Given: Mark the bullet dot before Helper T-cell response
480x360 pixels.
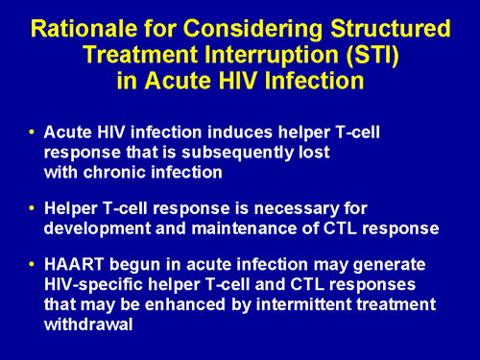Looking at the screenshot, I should [x=33, y=208].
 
